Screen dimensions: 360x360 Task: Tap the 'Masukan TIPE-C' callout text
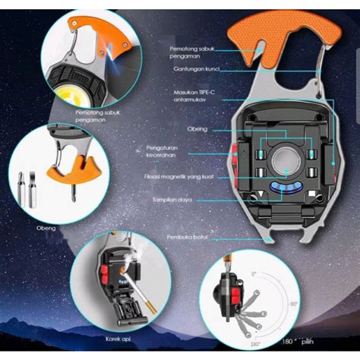click(x=196, y=96)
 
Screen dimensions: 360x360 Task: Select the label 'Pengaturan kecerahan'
click(x=179, y=152)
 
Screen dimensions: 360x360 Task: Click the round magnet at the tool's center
click(x=286, y=164)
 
